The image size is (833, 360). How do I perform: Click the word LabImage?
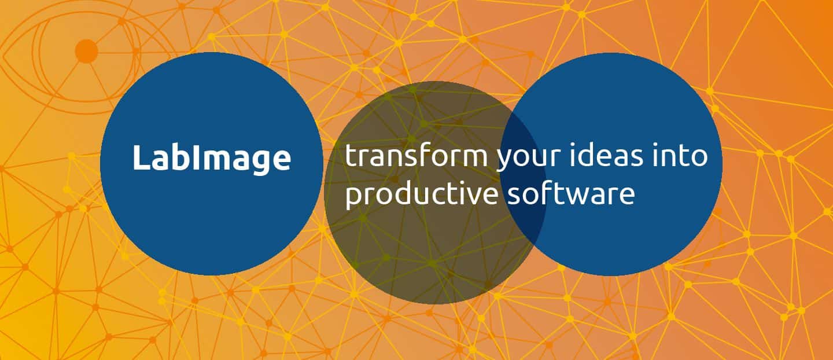[212, 159]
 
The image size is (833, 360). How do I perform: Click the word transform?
[416, 156]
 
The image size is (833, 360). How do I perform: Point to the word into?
[680, 155]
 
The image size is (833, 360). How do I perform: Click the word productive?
[422, 194]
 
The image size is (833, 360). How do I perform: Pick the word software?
[572, 193]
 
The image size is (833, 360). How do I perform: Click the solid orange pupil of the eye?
[87, 52]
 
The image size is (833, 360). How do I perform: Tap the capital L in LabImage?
[141, 157]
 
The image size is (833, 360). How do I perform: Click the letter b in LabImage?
[181, 157]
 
